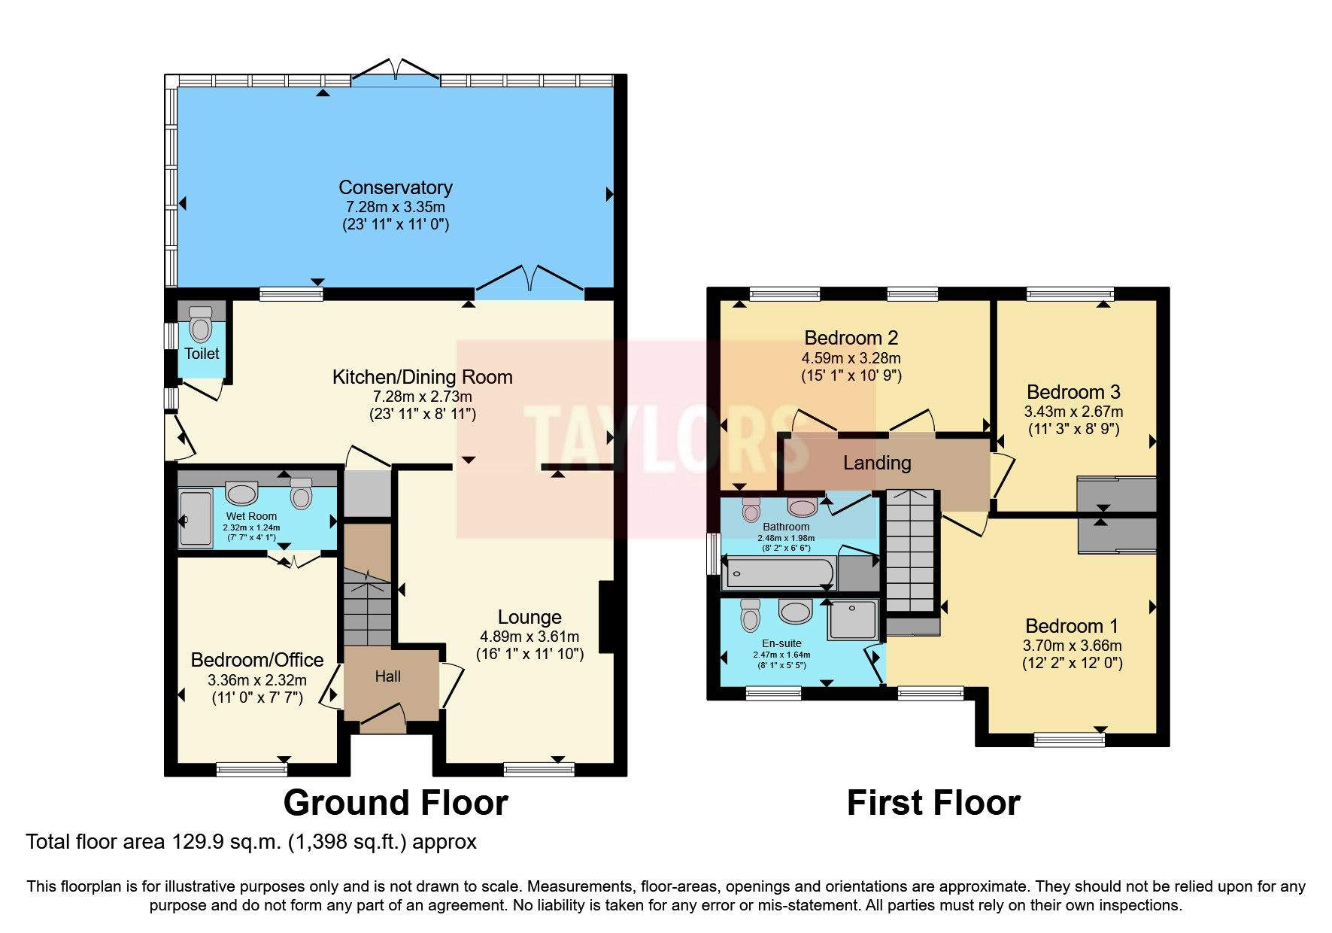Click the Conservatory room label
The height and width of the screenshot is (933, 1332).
395,187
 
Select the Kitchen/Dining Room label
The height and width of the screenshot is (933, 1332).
422,377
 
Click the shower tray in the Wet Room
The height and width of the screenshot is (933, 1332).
196,518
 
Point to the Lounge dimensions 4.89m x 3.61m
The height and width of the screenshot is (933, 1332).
529,637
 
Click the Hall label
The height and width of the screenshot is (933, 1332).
387,676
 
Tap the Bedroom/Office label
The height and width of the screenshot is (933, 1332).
257,660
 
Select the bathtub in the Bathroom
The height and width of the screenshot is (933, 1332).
778,573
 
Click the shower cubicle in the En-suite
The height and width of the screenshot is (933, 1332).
852,619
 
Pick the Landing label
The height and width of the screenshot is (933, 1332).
877,463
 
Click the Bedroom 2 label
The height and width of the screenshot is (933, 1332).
851,338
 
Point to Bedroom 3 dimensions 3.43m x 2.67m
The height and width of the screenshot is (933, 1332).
1073,412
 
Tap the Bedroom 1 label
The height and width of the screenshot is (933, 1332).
1071,626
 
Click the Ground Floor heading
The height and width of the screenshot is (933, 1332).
396,803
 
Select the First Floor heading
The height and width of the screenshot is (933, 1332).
933,803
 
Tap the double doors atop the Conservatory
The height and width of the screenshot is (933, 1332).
396,71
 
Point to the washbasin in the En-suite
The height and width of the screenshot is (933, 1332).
795,611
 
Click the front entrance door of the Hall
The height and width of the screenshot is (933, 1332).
383,718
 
